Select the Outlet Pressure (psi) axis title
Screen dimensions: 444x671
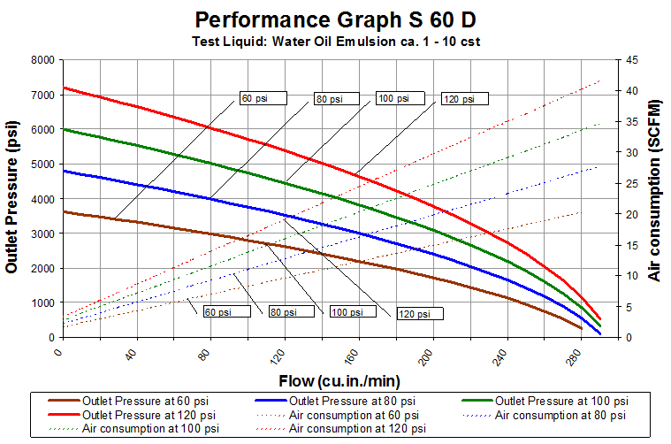pyautogui.click(x=12, y=199)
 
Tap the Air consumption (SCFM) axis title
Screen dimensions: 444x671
pyautogui.click(x=655, y=199)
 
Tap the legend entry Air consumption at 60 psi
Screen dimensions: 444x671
pyautogui.click(x=348, y=414)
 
